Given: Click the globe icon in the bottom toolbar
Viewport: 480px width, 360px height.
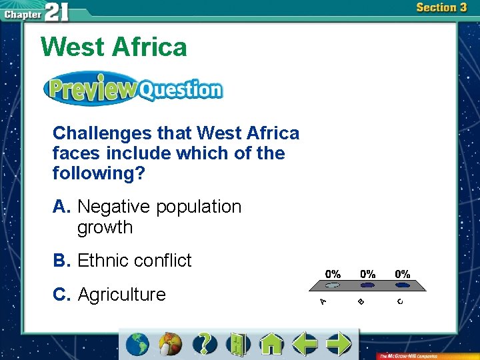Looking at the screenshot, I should (138, 344).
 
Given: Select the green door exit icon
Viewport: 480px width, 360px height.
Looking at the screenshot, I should (238, 344).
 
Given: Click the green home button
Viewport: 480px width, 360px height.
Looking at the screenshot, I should (271, 344).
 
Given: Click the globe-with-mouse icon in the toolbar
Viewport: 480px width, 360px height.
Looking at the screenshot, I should (171, 344).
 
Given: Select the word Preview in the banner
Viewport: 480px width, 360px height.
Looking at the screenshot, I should (91, 89).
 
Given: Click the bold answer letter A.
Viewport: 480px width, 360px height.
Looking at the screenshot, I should (61, 207).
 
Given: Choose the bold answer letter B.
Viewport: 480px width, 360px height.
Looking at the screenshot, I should (61, 261).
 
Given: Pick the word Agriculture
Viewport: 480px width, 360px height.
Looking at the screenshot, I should (122, 295).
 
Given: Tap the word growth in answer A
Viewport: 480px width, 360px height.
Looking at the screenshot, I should (105, 227).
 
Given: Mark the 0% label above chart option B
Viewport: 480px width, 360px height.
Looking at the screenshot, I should (367, 274).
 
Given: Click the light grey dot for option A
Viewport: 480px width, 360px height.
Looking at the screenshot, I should (333, 285).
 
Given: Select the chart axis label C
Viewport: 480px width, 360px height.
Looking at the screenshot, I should (400, 302).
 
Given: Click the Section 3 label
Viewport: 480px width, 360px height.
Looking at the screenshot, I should (441, 8).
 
